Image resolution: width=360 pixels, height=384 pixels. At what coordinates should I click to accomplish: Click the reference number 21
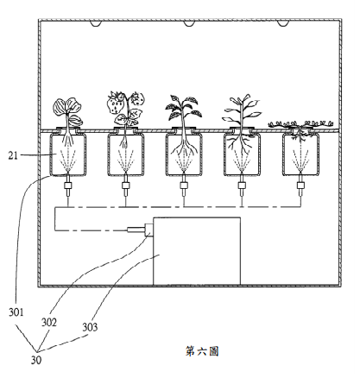coord(13,155)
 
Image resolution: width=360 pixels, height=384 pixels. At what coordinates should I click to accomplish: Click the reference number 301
coord(16,312)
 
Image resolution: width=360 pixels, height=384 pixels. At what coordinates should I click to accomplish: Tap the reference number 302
coord(49,323)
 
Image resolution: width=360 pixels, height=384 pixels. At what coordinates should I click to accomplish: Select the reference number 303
coord(90,327)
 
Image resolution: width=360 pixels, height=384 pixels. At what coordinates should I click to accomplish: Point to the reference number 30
coord(36,360)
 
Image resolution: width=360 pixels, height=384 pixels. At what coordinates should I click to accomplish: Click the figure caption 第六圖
coord(202,351)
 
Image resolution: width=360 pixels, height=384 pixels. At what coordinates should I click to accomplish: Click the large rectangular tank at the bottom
coord(197,251)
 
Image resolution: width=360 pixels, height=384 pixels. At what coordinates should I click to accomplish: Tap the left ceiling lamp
coord(96,23)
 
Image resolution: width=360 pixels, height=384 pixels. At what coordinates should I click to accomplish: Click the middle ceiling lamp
coord(189,23)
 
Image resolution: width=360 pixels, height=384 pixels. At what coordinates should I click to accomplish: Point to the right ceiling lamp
coord(282,23)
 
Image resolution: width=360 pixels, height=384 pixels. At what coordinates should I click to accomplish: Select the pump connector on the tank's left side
coord(141,230)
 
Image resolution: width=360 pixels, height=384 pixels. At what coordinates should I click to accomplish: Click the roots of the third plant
coord(184,145)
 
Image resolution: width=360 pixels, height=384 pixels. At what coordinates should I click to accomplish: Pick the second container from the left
coord(126,154)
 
